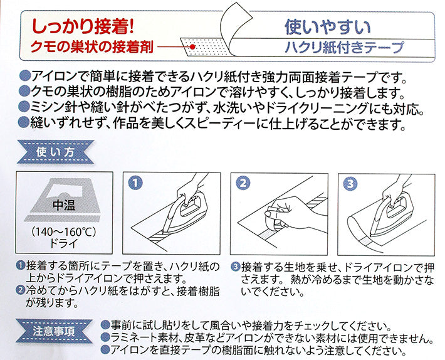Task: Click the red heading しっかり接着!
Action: point(80,26)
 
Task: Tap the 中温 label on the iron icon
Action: point(61,204)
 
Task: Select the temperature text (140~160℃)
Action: point(61,231)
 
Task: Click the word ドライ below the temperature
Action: point(61,243)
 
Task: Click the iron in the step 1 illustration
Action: point(188,210)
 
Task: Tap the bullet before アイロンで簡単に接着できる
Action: point(25,77)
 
